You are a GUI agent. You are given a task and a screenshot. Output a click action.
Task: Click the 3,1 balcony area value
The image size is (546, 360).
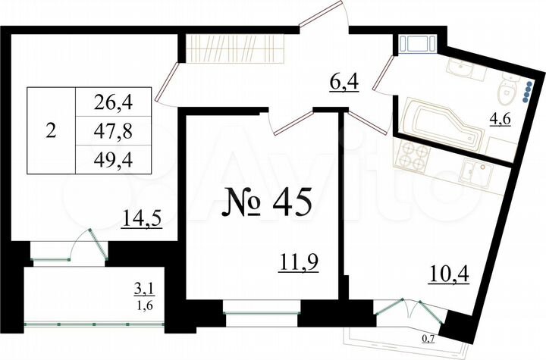[144, 286]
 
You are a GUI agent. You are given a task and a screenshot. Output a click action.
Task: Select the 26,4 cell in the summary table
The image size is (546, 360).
[114, 99]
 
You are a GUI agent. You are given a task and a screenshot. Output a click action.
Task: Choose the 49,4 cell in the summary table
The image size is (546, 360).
[114, 161]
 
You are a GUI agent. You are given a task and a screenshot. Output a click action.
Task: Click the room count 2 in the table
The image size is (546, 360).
[51, 130]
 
